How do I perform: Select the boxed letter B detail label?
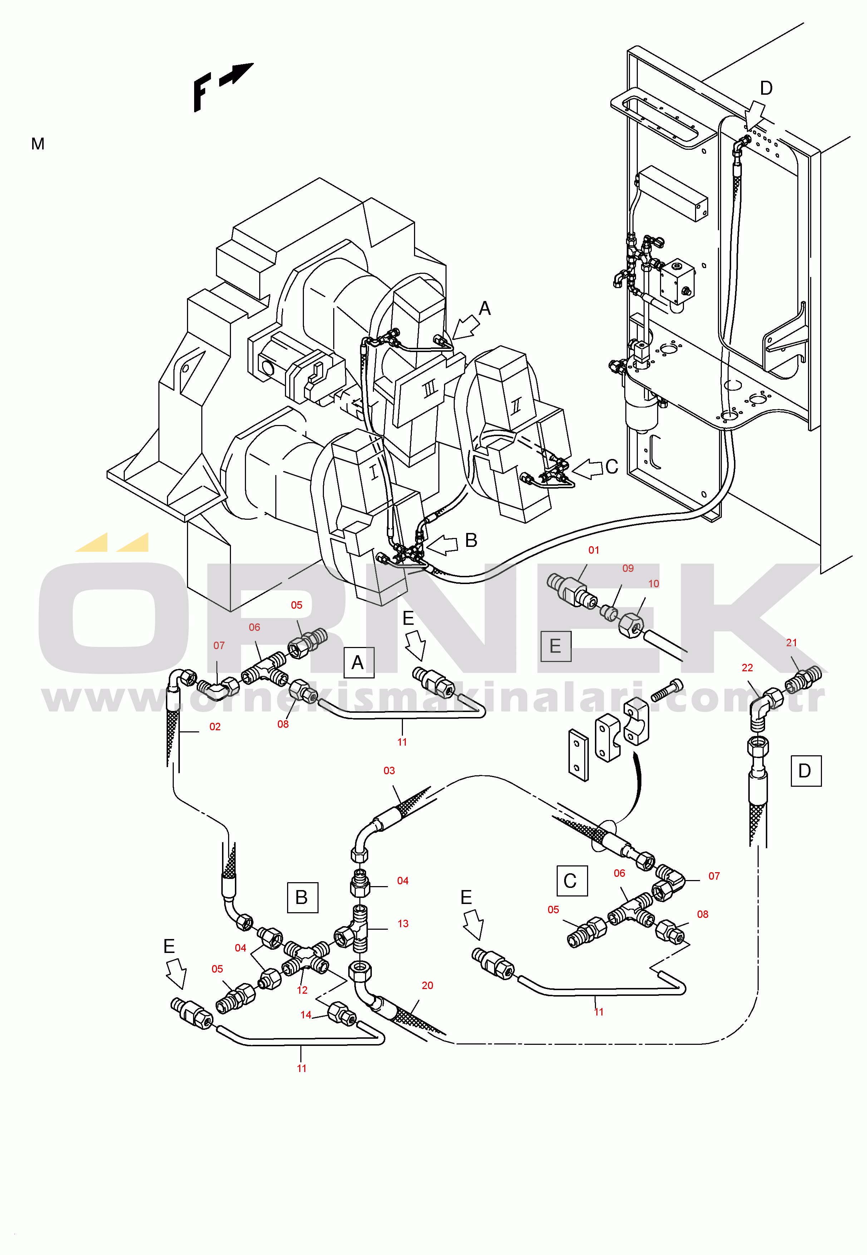point(302,898)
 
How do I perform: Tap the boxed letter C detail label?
point(572,881)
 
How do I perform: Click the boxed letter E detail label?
point(556,646)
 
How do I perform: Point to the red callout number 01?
point(594,550)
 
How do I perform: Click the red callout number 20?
point(428,985)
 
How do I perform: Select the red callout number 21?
point(792,642)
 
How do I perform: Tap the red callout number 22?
point(748,667)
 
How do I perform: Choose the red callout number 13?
point(403,923)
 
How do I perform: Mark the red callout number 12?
point(302,990)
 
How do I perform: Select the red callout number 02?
point(215,727)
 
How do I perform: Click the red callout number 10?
point(654,583)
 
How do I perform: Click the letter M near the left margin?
point(38,144)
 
